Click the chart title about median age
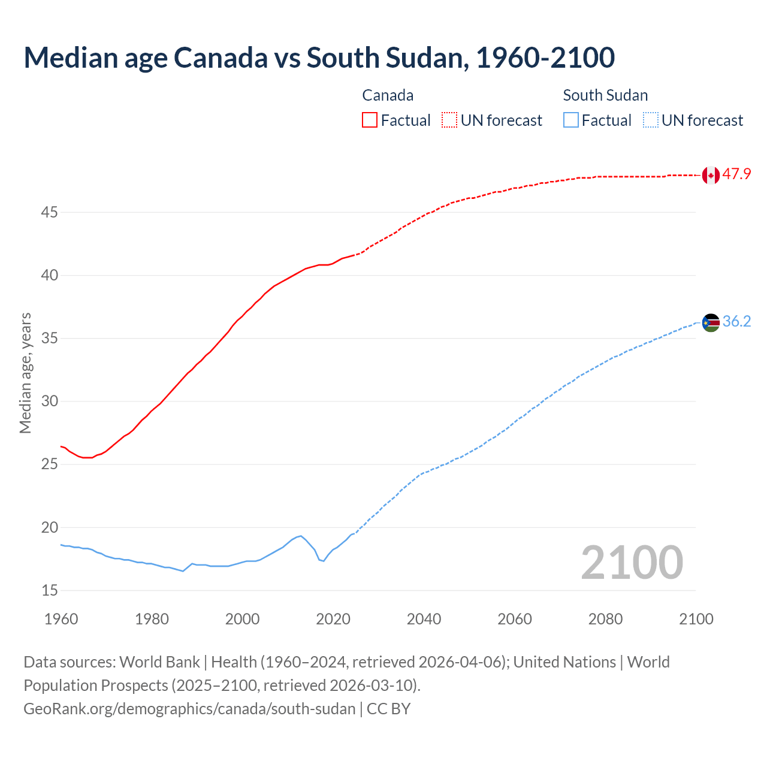tap(319, 58)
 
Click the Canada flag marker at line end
tap(711, 175)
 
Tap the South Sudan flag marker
tap(711, 322)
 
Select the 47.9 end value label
tap(736, 174)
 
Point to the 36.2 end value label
tap(736, 322)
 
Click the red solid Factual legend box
tap(370, 120)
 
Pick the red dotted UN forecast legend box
tap(449, 120)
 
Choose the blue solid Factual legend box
tap(571, 120)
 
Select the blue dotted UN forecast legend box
tap(651, 120)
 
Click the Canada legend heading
tap(388, 95)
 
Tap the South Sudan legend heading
tap(605, 95)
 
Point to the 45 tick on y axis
tap(50, 213)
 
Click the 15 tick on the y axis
tap(50, 591)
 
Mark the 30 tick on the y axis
tap(50, 401)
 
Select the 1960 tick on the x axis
tap(61, 619)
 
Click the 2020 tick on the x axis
tap(333, 619)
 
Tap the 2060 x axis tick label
tap(515, 619)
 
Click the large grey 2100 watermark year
tap(632, 562)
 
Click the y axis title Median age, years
tap(25, 373)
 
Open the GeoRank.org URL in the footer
tap(189, 709)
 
